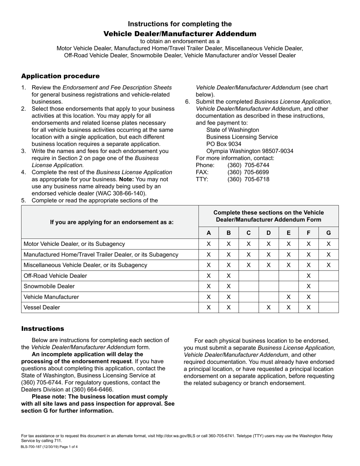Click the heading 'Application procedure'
pyautogui.click(x=60, y=76)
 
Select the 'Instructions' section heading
pyautogui.click(x=42, y=328)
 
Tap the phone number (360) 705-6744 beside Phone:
pyautogui.click(x=248, y=165)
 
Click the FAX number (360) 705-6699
pyautogui.click(x=248, y=172)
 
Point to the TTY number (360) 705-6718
pyautogui.click(x=248, y=179)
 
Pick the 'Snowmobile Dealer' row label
pyautogui.click(x=49, y=286)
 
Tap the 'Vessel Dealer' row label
pyautogui.click(x=42, y=308)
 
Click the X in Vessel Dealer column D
pyautogui.click(x=268, y=308)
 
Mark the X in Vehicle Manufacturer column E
pyautogui.click(x=288, y=297)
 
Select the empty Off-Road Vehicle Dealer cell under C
pyautogui.click(x=248, y=276)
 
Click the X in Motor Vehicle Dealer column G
pyautogui.click(x=328, y=244)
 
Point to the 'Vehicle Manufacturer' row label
pyautogui.click(x=51, y=297)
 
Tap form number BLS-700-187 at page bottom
pyautogui.click(x=34, y=447)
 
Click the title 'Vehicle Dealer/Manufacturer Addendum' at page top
pyautogui.click(x=180, y=34)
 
